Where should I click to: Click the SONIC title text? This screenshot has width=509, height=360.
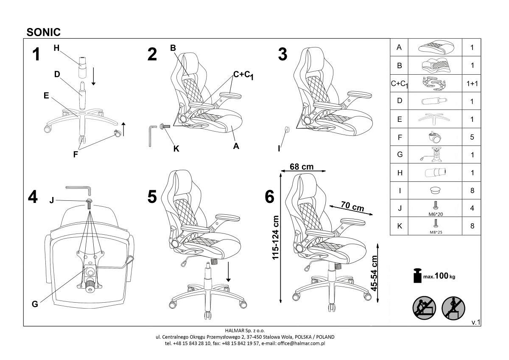pos(44,32)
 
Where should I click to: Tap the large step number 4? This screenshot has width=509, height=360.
pos(33,197)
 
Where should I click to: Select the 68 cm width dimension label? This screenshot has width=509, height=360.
pos(302,167)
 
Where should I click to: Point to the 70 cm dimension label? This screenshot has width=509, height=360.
pos(352,206)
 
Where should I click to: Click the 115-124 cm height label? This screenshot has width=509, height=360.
pos(275,237)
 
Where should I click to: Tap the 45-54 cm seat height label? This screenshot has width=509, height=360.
pos(374,273)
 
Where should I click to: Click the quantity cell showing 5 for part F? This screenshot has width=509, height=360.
pos(472,137)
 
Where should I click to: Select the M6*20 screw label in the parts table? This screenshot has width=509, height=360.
pos(436,214)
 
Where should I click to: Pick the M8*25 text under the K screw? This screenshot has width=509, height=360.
pos(436,232)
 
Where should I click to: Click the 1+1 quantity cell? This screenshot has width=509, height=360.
pos(472,84)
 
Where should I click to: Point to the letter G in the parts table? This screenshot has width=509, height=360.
pos(400,155)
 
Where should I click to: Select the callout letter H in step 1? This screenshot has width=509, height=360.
pos(56,48)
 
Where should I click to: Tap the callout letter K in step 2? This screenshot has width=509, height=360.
pos(176,149)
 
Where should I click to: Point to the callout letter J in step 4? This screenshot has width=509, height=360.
pos(52,200)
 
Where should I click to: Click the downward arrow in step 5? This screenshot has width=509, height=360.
pos(229,272)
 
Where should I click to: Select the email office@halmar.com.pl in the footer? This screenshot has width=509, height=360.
pos(301,343)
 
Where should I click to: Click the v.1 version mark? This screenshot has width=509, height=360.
pos(475,322)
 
